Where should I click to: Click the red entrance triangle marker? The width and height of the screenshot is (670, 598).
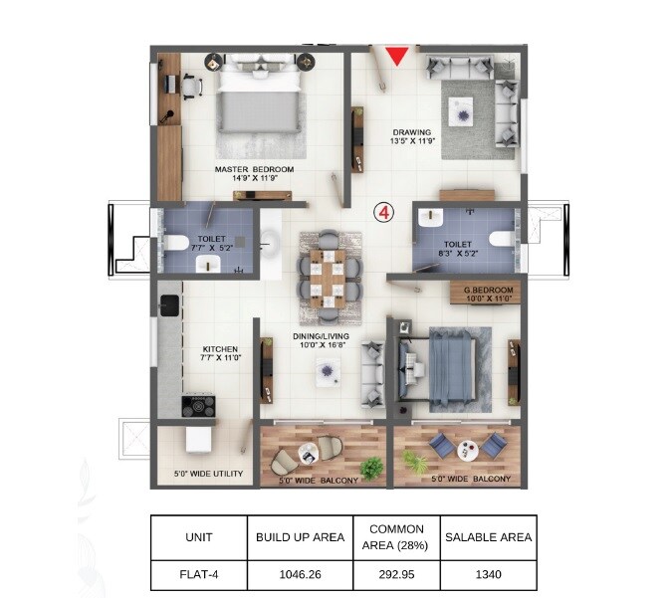(397, 55)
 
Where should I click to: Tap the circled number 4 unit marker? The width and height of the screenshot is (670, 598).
(382, 212)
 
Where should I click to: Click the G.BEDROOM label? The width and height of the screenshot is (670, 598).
(487, 293)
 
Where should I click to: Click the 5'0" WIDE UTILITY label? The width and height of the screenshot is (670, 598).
(207, 474)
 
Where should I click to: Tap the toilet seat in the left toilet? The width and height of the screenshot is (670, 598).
(175, 243)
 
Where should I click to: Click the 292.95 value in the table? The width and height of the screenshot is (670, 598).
(396, 574)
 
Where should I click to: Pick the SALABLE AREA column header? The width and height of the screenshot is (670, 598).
(488, 537)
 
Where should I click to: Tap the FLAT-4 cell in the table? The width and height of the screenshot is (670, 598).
(198, 574)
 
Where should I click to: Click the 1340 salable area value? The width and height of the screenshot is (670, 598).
(488, 574)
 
